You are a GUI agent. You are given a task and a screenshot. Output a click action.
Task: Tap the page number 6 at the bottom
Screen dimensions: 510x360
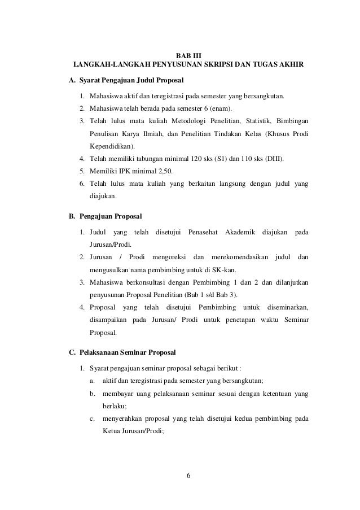click(188, 474)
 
